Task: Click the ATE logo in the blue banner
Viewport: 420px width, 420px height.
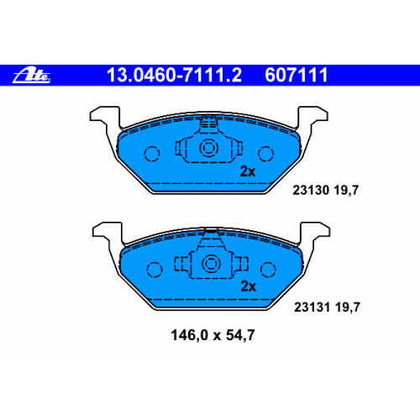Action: point(31,76)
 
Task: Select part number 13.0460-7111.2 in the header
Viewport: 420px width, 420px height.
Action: point(174,75)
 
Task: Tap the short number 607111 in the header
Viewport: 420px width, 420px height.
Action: point(297,75)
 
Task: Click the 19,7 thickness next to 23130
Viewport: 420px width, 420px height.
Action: point(346,191)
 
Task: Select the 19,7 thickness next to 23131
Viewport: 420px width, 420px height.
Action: point(347,308)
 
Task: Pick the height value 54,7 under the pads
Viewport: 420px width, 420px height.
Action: point(240,335)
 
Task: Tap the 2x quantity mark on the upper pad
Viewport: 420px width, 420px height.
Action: point(248,171)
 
